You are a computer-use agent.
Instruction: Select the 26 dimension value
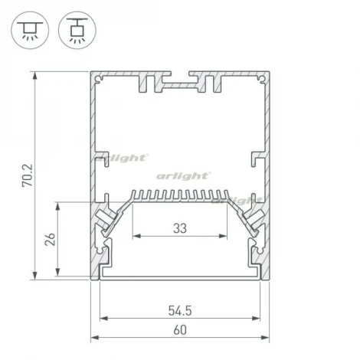point(50,241)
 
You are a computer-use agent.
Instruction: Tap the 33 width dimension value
point(180,227)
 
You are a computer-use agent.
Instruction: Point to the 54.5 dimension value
point(181,310)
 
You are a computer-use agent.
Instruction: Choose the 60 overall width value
point(181,330)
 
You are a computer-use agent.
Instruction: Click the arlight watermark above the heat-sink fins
point(182,175)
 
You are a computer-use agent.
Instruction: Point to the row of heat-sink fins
point(181,195)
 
